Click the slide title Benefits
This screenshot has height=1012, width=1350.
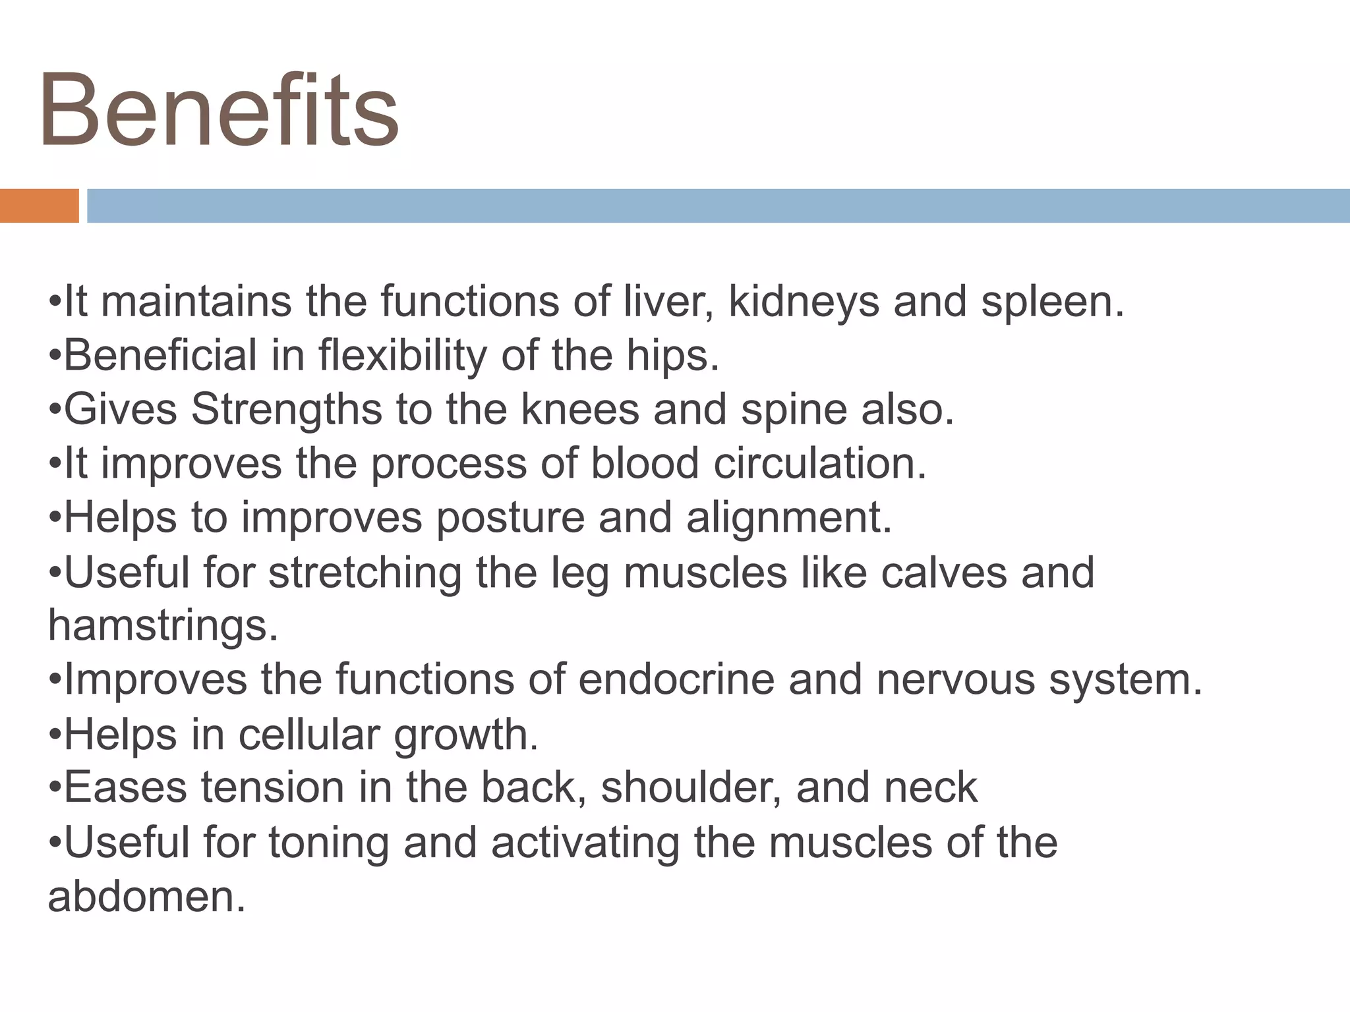219,111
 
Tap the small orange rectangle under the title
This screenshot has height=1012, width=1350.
39,206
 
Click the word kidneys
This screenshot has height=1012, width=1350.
804,302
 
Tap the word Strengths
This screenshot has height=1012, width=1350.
287,410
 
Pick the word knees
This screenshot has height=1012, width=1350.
580,410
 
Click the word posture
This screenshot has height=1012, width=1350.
510,518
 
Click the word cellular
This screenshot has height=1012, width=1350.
309,734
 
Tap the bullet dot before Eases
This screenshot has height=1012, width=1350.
55,789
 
